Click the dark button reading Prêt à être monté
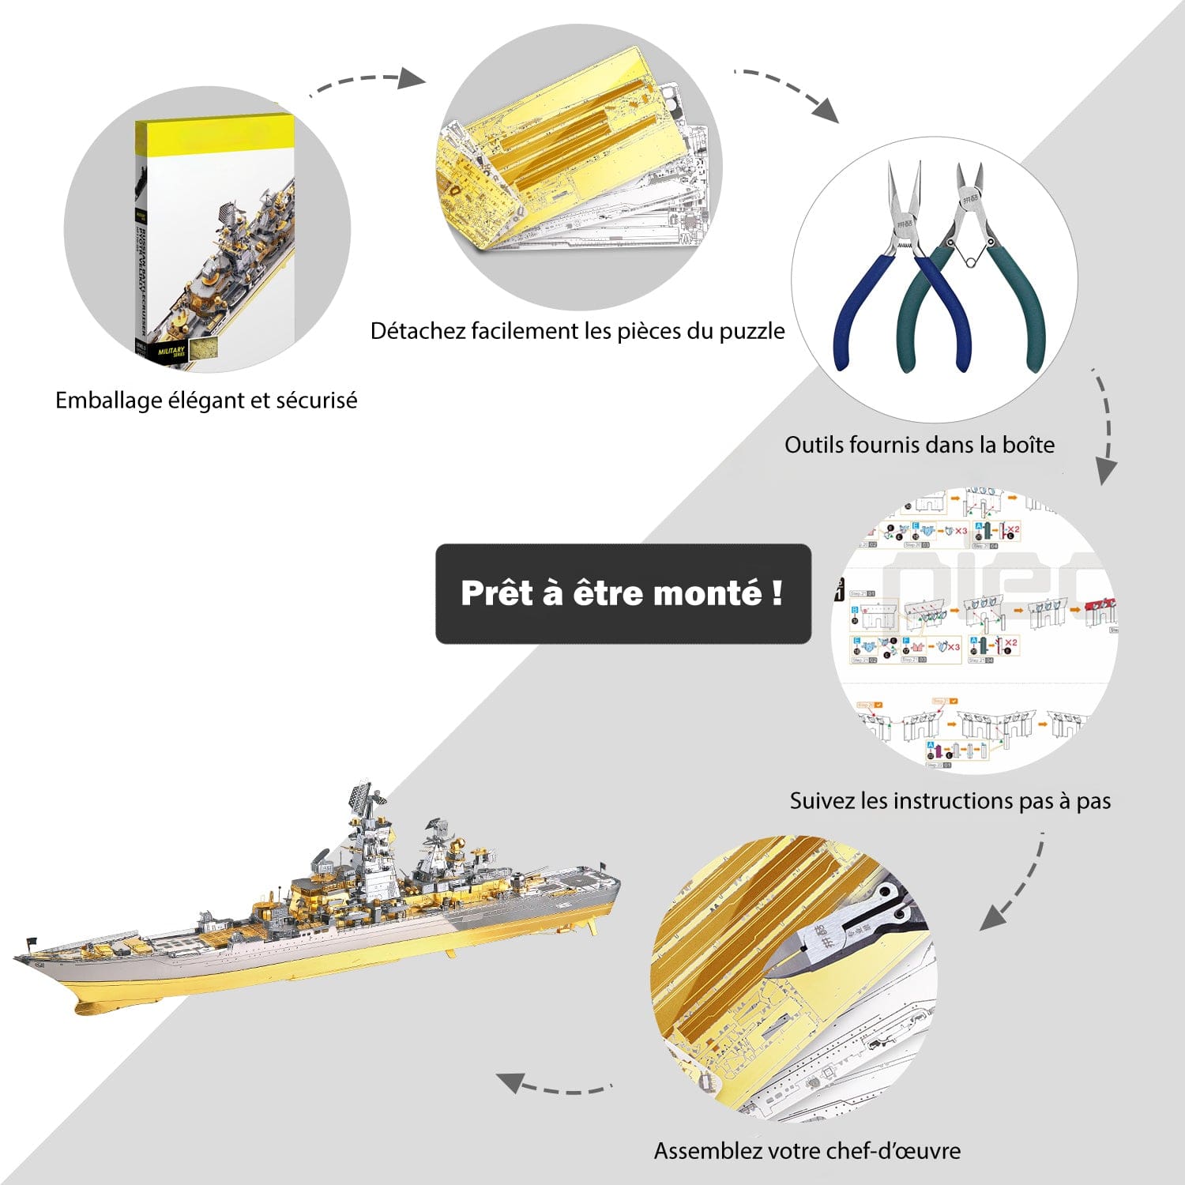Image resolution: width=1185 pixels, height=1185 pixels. [x=623, y=593]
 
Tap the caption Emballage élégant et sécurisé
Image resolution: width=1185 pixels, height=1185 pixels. [x=206, y=401]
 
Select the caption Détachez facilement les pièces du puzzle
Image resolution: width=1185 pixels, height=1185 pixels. [x=577, y=331]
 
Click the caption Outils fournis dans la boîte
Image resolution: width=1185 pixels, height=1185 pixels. [x=920, y=445]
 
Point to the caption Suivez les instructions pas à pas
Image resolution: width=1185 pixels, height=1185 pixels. [x=950, y=801]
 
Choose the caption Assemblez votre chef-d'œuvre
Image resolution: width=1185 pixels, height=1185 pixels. [x=807, y=1151]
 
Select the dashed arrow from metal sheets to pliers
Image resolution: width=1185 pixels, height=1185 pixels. [x=786, y=92]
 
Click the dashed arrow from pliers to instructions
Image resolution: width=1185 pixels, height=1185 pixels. [x=1104, y=427]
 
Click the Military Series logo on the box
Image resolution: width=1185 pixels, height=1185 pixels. [x=171, y=351]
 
